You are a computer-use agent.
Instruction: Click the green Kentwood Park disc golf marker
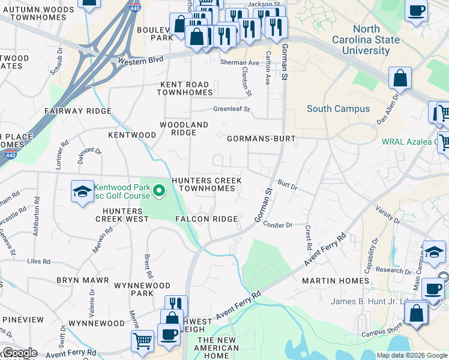tap(159, 191)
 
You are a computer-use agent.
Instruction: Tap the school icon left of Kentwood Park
tap(82, 192)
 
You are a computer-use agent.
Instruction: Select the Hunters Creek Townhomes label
tap(206, 184)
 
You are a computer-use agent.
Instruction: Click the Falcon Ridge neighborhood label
tap(207, 219)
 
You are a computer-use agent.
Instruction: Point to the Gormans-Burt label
tap(261, 139)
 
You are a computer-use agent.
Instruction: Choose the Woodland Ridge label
tap(184, 128)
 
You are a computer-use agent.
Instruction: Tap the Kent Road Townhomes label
tap(184, 88)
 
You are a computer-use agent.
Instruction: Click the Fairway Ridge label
tap(78, 111)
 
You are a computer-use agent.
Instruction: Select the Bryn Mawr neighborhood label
tap(82, 280)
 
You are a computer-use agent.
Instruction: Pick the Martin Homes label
tap(336, 281)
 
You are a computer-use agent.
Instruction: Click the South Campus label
tap(338, 109)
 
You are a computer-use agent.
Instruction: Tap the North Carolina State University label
tap(366, 40)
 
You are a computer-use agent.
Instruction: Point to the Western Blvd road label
tap(140, 61)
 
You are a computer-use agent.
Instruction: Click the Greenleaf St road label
tap(231, 109)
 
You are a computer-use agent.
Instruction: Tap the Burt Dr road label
tap(287, 185)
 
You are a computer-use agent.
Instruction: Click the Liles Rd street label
tap(40, 261)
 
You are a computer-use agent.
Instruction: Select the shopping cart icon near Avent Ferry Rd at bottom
tap(142, 340)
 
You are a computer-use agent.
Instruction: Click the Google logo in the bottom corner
tap(19, 353)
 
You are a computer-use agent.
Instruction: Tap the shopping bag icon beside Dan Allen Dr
tap(400, 78)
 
